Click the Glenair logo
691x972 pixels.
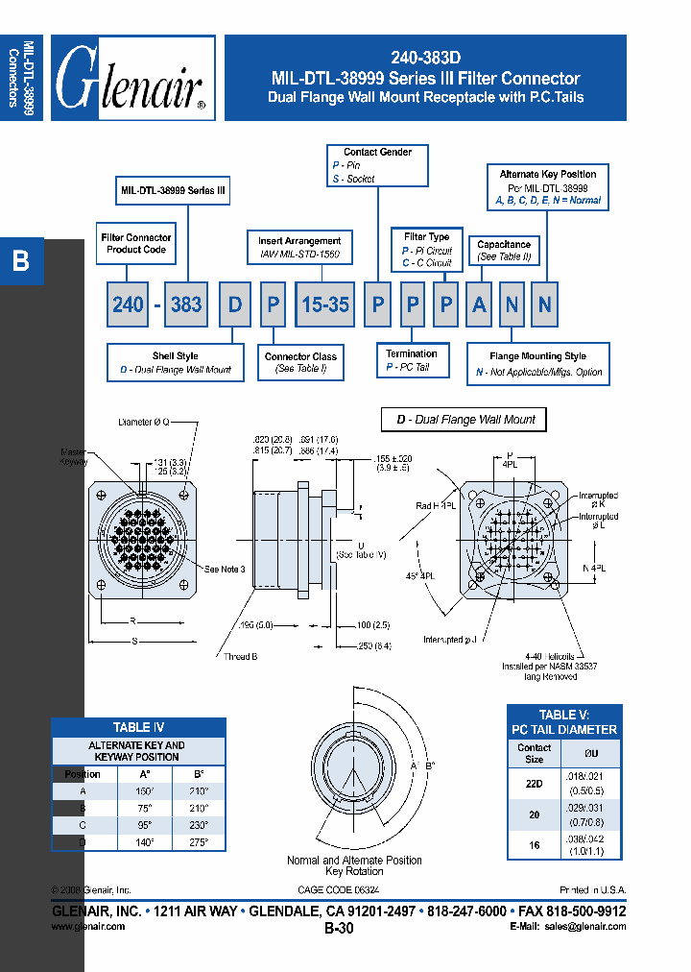[x=132, y=78]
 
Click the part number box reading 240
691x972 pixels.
[x=128, y=304]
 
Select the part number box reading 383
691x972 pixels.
[x=186, y=304]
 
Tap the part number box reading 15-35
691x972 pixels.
[x=325, y=304]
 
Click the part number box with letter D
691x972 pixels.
[x=235, y=304]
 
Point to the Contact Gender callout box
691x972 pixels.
[x=377, y=165]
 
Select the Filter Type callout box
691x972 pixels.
[x=427, y=250]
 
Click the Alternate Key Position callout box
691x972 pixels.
[x=548, y=187]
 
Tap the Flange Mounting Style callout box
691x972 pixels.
[x=537, y=364]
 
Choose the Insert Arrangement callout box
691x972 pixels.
[x=299, y=248]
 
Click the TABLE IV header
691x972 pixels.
[x=139, y=728]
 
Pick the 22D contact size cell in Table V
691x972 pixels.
[x=534, y=783]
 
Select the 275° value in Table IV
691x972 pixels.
[x=199, y=840]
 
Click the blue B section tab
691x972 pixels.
[x=21, y=261]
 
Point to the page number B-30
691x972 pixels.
[x=344, y=929]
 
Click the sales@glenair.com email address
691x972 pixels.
[x=584, y=927]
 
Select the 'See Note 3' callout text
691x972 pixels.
[x=226, y=570]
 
